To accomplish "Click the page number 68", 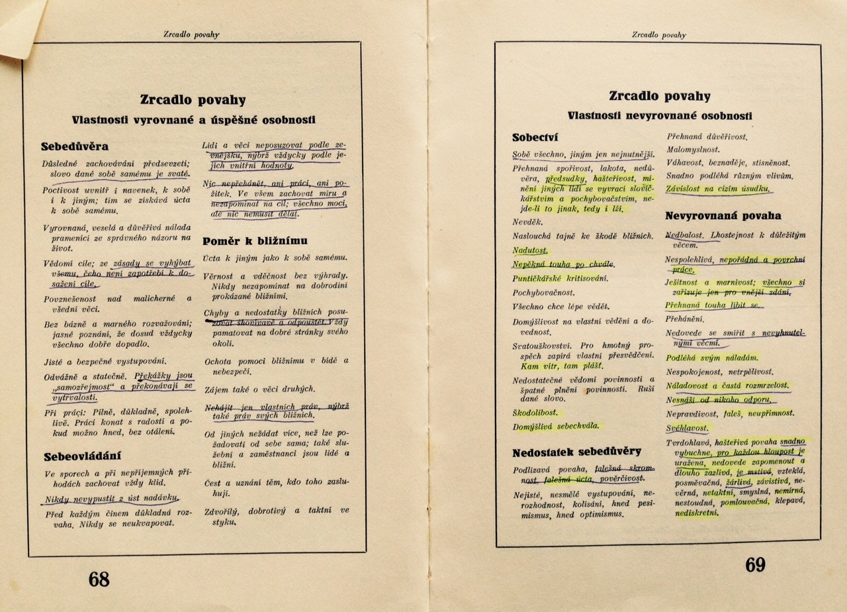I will pyautogui.click(x=99, y=578).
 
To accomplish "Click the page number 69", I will pyautogui.click(x=755, y=564).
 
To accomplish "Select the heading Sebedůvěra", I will pyautogui.click(x=75, y=146).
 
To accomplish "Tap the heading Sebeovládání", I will pyautogui.click(x=83, y=456).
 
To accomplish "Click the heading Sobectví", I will pyautogui.click(x=536, y=138).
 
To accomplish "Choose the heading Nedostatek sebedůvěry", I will pyautogui.click(x=576, y=452).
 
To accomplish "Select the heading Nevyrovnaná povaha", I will pyautogui.click(x=723, y=216).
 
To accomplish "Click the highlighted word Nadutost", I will pyautogui.click(x=531, y=250).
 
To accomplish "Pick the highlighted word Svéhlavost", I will pyautogui.click(x=688, y=428).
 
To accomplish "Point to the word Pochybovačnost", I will pyautogui.click(x=544, y=292).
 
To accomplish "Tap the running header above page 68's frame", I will pyautogui.click(x=192, y=34).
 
